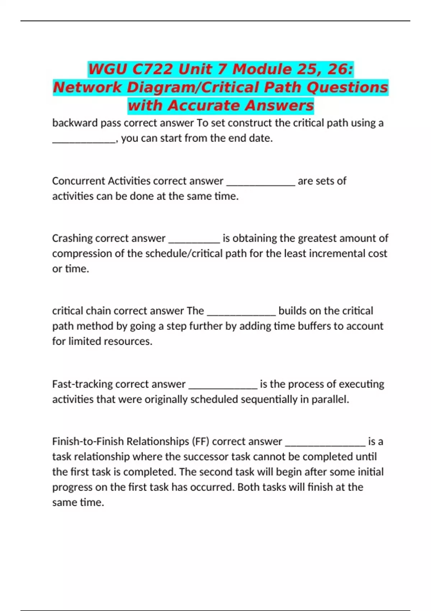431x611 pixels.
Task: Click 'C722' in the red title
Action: (152, 69)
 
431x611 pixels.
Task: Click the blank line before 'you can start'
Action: (84, 141)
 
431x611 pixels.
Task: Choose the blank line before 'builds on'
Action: (241, 314)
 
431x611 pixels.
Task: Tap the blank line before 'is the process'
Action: (223, 387)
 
